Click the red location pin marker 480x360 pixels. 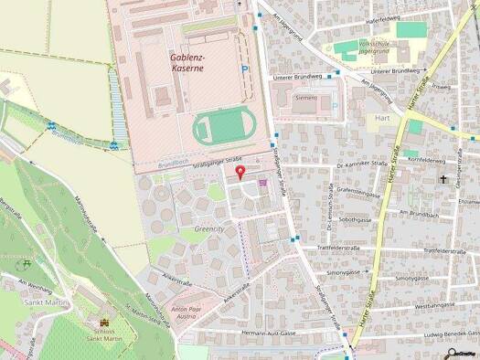240,174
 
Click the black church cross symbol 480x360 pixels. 444,180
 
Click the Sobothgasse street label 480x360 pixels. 359,219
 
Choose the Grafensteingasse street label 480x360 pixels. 358,195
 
